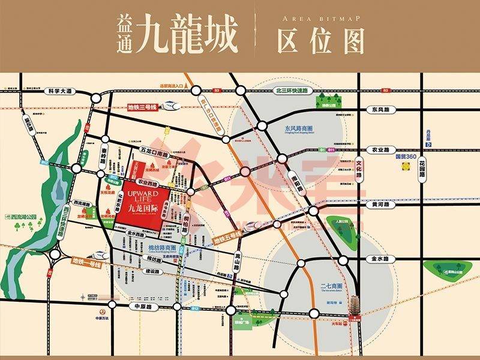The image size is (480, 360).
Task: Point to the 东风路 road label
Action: point(380,110)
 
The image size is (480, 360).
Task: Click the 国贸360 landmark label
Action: point(406,157)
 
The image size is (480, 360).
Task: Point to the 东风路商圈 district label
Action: point(300,128)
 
